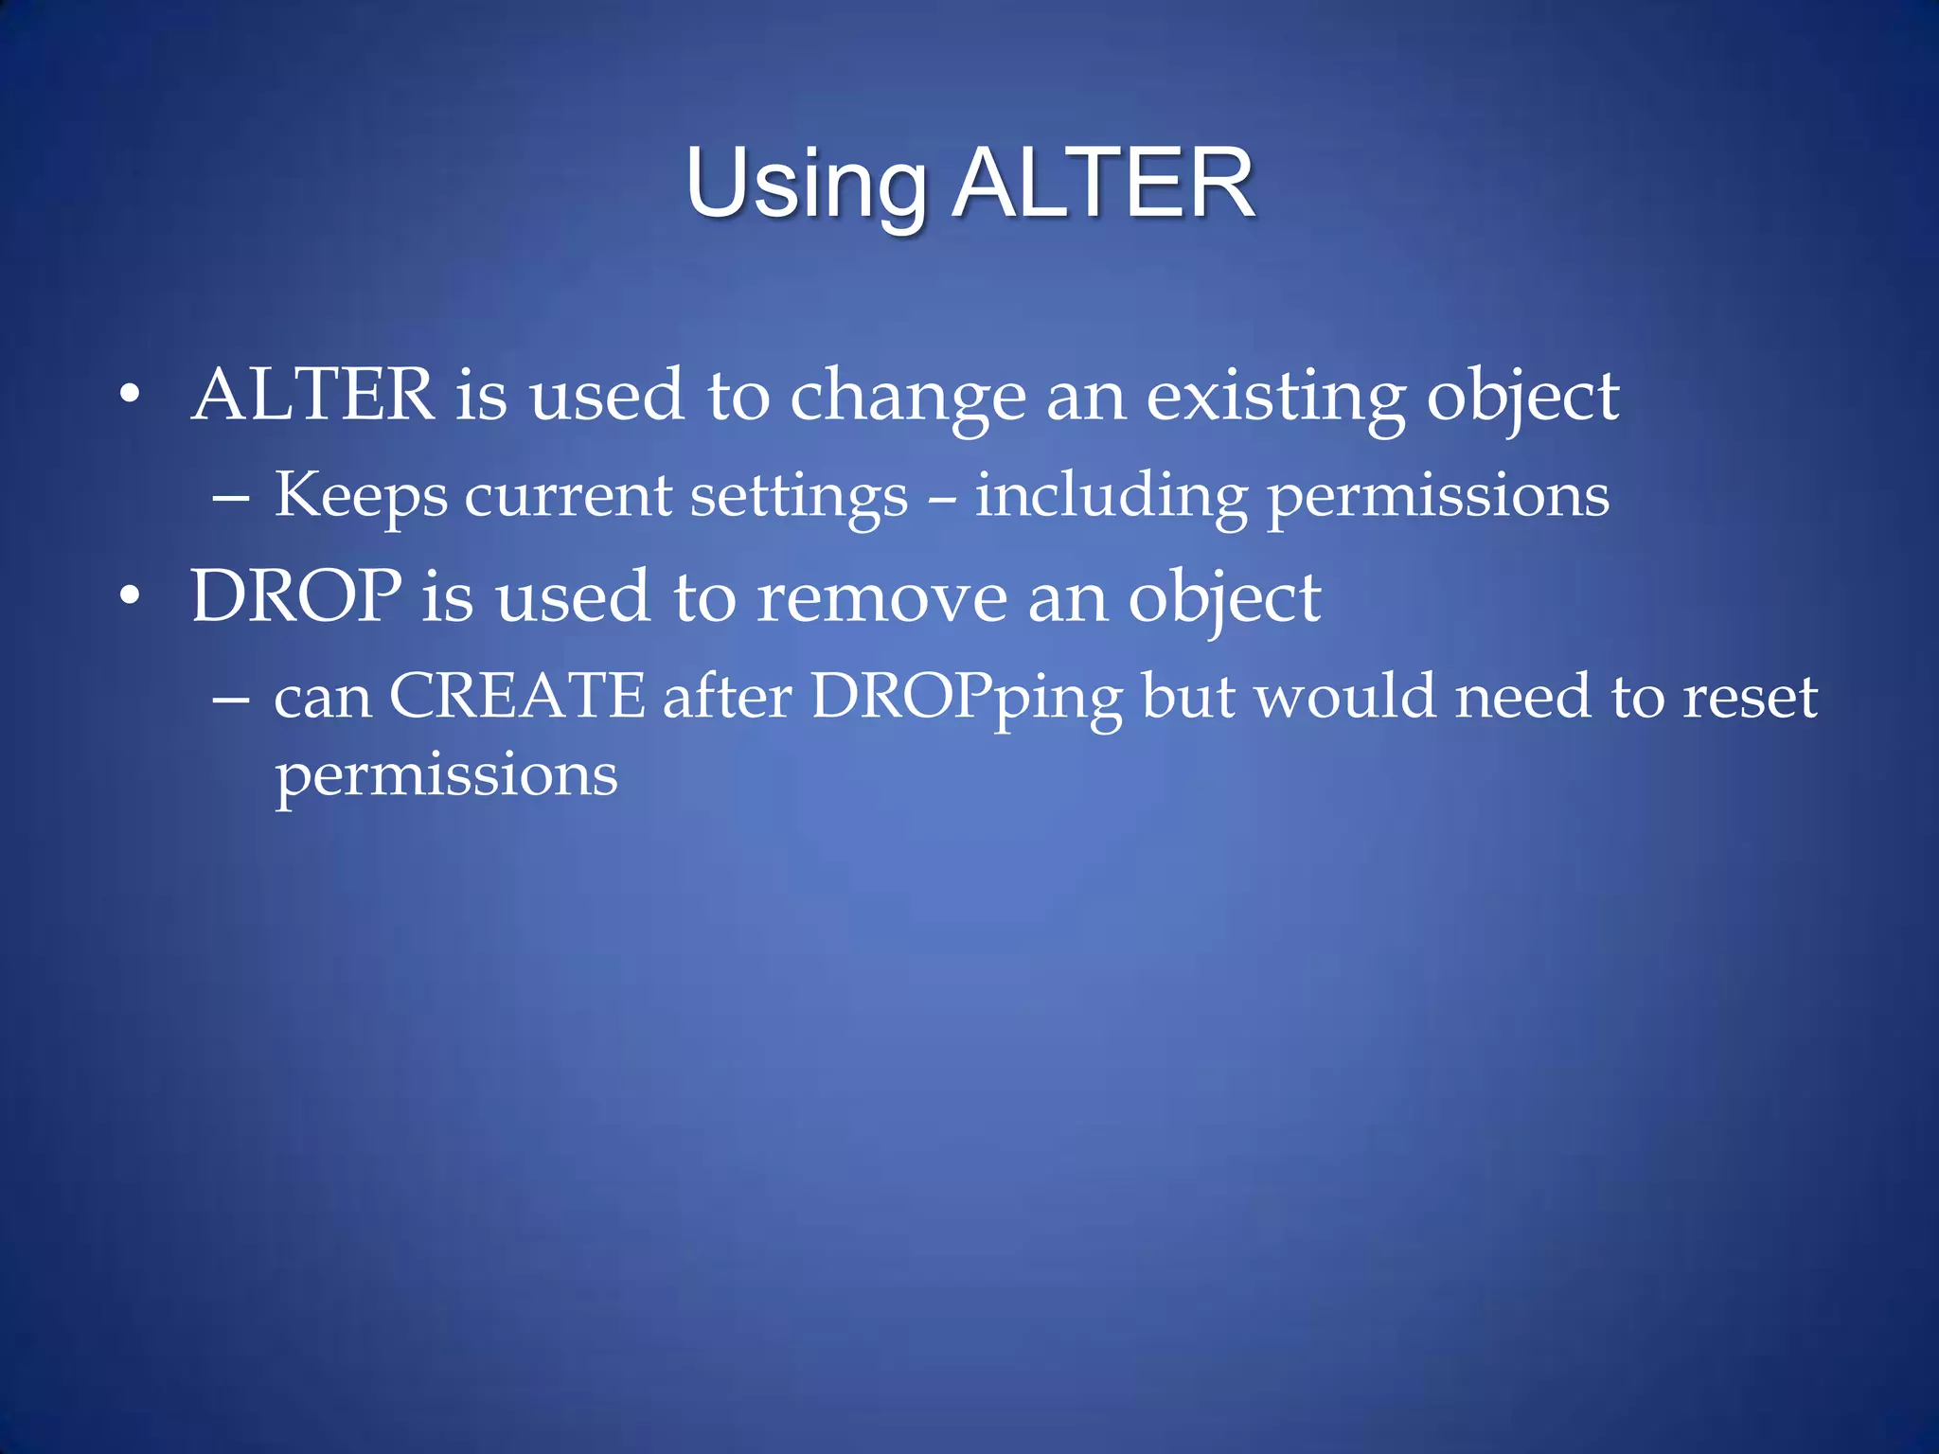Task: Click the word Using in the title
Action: [805, 186]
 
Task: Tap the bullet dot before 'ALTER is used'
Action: [130, 395]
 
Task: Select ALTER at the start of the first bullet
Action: [312, 395]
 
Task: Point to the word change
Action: [907, 398]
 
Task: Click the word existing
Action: [1275, 398]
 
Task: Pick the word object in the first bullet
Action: [1522, 398]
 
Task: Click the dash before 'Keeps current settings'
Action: [231, 496]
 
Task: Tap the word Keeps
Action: [361, 496]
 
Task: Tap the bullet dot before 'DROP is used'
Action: [130, 596]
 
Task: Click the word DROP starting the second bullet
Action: [295, 596]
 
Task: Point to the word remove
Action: [881, 598]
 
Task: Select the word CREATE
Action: [517, 696]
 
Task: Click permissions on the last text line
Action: [446, 776]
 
